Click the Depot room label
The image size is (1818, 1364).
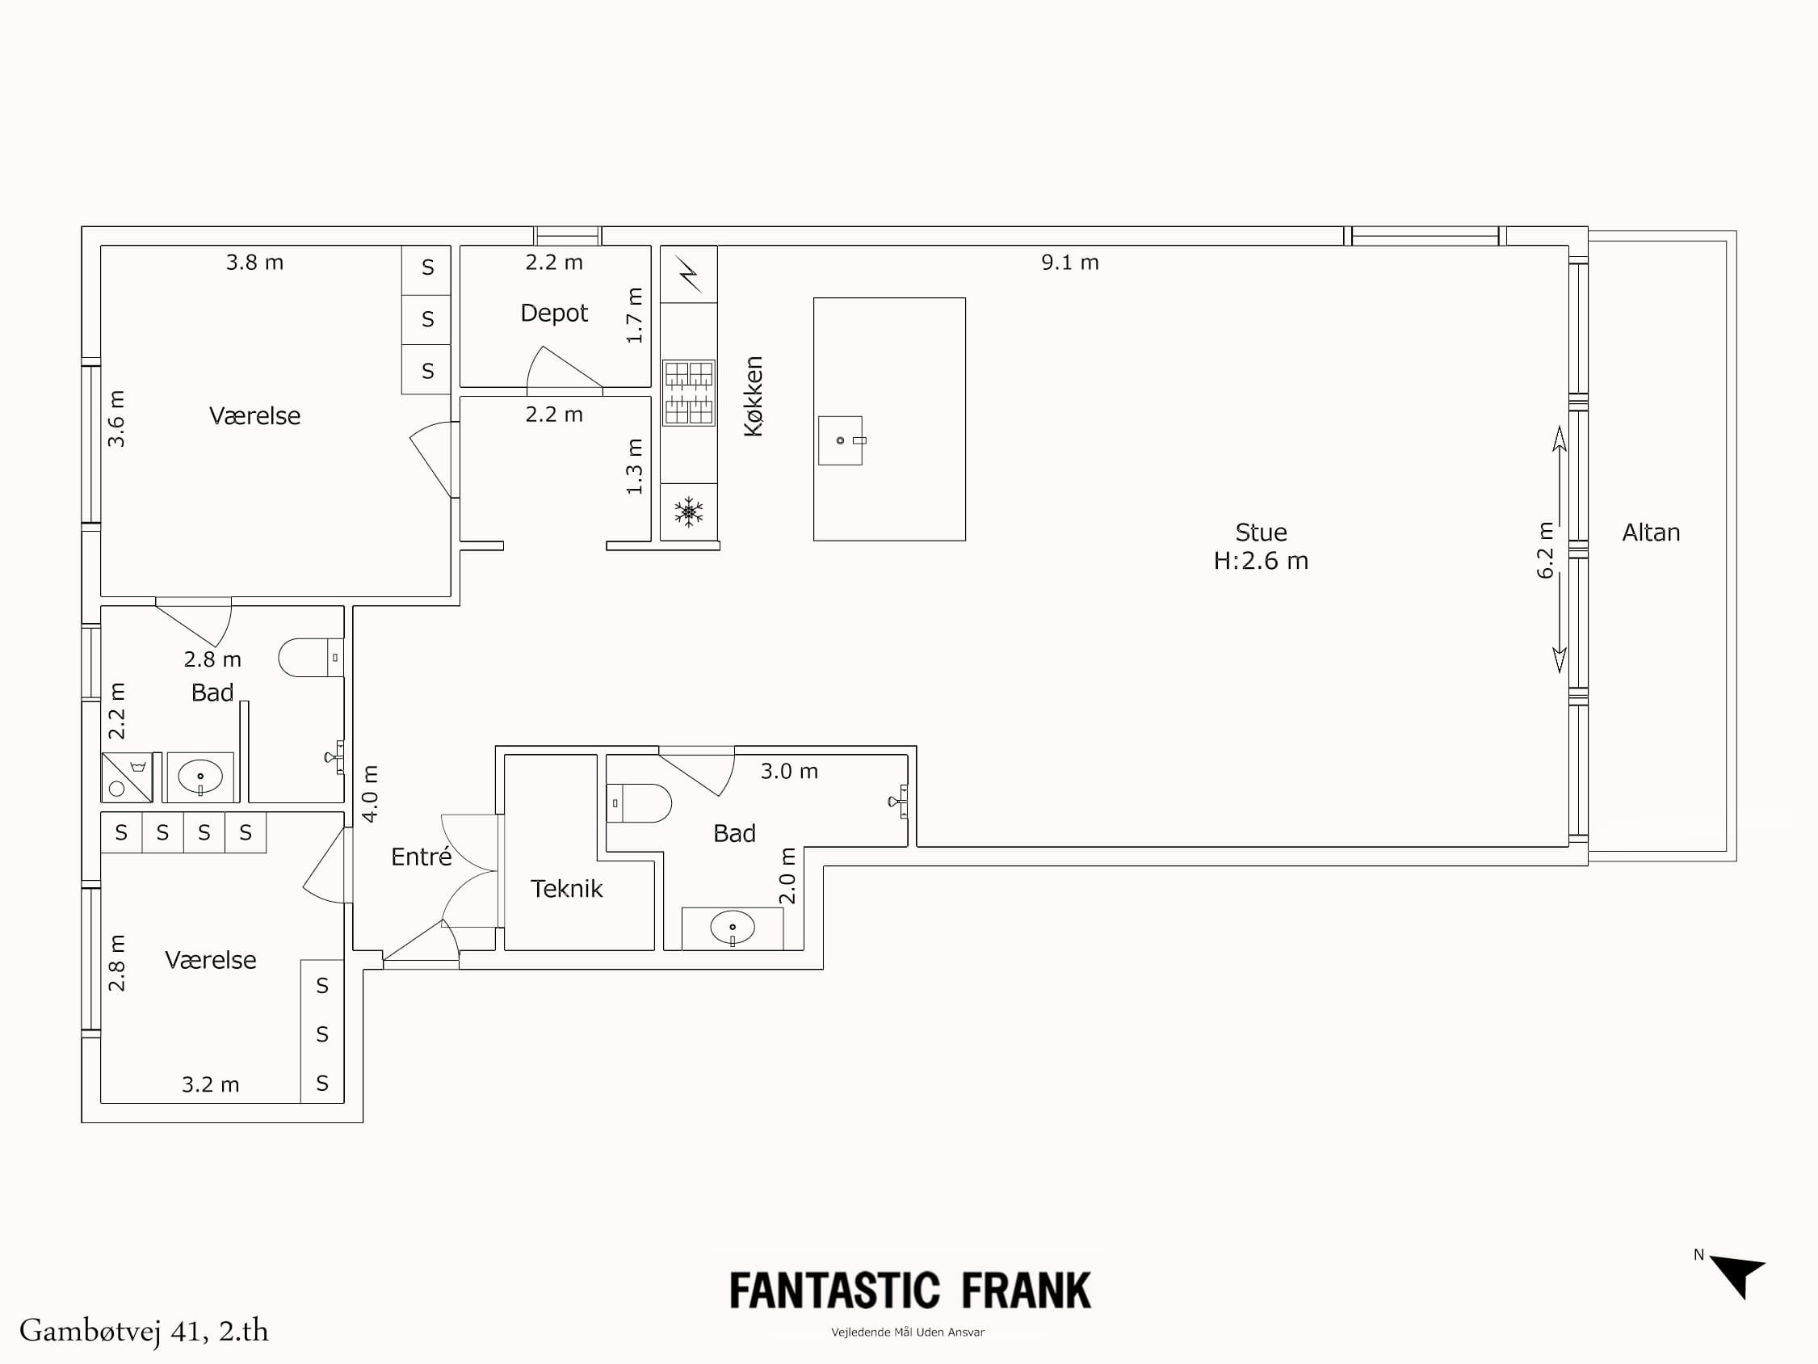pyautogui.click(x=554, y=314)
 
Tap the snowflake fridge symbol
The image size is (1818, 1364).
pyautogui.click(x=689, y=511)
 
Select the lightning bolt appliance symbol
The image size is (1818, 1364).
pyautogui.click(x=689, y=274)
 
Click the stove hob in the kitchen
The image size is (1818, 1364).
pyautogui.click(x=689, y=393)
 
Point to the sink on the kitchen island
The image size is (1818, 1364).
pyautogui.click(x=841, y=440)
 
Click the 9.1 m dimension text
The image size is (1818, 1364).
pyautogui.click(x=1069, y=263)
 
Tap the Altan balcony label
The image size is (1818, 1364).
pyautogui.click(x=1650, y=533)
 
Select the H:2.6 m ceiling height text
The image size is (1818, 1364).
pyautogui.click(x=1260, y=561)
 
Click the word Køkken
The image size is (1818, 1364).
pyautogui.click(x=753, y=396)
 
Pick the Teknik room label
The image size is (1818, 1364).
pyautogui.click(x=566, y=889)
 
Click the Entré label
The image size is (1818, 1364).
pyautogui.click(x=421, y=857)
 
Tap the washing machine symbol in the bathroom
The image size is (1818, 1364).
pyautogui.click(x=127, y=777)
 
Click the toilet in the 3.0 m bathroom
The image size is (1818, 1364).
pyautogui.click(x=640, y=803)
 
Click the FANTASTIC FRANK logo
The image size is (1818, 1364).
pyautogui.click(x=909, y=1290)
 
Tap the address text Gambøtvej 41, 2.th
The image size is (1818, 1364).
pyautogui.click(x=144, y=1331)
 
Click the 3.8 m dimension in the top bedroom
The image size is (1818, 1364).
pyautogui.click(x=254, y=263)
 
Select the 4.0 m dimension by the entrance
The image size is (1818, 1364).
pyautogui.click(x=371, y=794)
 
